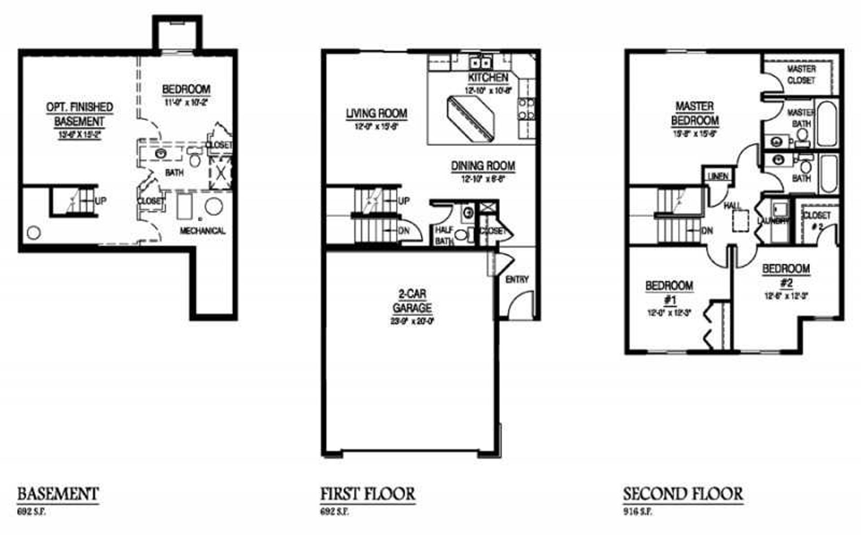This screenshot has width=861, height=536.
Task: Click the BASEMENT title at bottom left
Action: coord(58,494)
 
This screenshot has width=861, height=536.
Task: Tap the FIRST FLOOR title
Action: coord(368,494)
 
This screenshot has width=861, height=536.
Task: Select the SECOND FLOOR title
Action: coord(683,494)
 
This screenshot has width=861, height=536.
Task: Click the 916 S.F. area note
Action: coord(638,512)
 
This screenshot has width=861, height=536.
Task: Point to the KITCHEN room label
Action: coord(488,77)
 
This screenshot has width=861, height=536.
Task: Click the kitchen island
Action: coord(472,119)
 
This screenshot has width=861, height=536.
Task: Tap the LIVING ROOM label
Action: coord(376,113)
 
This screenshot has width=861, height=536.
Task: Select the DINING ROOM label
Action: coord(483,166)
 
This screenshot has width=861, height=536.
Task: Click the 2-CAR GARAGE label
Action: coord(412,301)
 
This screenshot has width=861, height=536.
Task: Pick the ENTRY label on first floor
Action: coord(517,279)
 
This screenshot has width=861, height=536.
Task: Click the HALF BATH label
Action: coord(444,235)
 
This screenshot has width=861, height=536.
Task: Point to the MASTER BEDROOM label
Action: coord(695,113)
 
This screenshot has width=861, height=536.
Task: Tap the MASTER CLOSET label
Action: coord(801,74)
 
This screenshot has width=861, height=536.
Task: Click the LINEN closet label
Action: coord(718,176)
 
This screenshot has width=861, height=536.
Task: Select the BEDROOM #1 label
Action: coord(669,292)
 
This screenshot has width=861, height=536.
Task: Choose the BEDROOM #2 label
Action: coord(786,275)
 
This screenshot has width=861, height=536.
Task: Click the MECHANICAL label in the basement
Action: coord(202,231)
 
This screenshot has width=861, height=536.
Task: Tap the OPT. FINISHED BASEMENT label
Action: coord(80,114)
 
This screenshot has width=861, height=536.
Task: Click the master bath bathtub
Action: coord(827,124)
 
